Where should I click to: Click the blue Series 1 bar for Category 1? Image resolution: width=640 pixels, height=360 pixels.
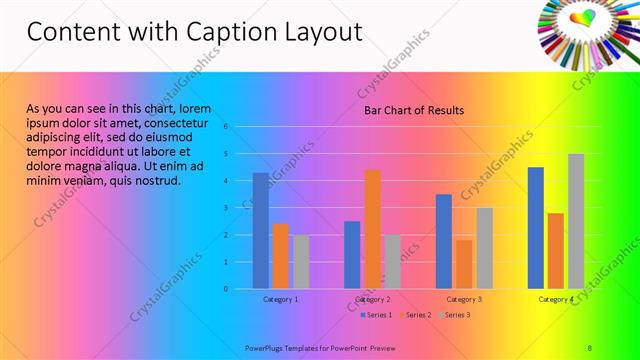pos(260,231)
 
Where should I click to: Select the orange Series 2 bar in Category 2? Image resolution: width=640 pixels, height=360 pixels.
pos(372,229)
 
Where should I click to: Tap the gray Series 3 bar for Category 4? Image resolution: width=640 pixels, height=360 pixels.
pos(576,221)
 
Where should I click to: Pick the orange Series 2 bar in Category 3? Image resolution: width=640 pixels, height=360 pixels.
pos(464,264)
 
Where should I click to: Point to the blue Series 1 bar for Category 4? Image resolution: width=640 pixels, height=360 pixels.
pos(536,228)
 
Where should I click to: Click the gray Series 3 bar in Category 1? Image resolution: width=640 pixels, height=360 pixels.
pos(301,262)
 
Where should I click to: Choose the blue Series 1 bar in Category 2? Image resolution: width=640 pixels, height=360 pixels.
pos(352,255)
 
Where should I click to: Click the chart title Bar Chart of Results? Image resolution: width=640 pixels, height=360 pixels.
pos(413,110)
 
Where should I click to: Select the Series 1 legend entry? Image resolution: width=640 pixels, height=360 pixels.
pos(375,315)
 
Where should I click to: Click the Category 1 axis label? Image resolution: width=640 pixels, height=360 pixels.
pos(280,299)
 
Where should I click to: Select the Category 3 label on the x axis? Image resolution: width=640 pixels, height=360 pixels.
pos(464,299)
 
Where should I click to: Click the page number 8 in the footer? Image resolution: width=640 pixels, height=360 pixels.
pos(590,347)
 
